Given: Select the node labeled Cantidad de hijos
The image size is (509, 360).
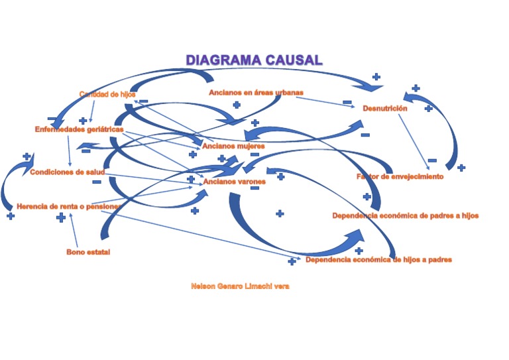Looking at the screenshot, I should [107, 95].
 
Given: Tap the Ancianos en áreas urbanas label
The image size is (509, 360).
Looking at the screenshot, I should [256, 93].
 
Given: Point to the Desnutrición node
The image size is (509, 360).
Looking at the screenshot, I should [384, 108].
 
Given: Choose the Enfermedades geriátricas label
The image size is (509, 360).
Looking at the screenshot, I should [79, 129].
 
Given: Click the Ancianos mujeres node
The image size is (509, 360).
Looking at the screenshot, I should [233, 146].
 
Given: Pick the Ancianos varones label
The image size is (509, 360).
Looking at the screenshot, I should [234, 181].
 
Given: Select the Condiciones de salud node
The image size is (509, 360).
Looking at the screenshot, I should [67, 172].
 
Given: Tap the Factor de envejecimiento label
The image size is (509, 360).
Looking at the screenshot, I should [400, 177].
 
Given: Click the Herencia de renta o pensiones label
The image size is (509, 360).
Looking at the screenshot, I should [68, 206].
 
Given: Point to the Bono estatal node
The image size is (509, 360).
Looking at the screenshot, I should [88, 252].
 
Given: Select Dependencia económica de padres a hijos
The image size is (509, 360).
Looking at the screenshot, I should [405, 215].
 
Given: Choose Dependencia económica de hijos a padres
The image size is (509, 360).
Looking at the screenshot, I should [378, 260].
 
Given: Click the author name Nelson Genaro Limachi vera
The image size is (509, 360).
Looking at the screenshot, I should [240, 286].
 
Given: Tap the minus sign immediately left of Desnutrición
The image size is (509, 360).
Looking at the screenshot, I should [347, 102].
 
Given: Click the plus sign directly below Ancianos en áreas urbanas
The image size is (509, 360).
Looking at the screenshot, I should [237, 105].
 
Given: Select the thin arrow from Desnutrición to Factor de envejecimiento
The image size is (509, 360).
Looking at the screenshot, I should [414, 142].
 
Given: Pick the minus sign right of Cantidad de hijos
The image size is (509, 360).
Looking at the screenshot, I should [144, 101].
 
